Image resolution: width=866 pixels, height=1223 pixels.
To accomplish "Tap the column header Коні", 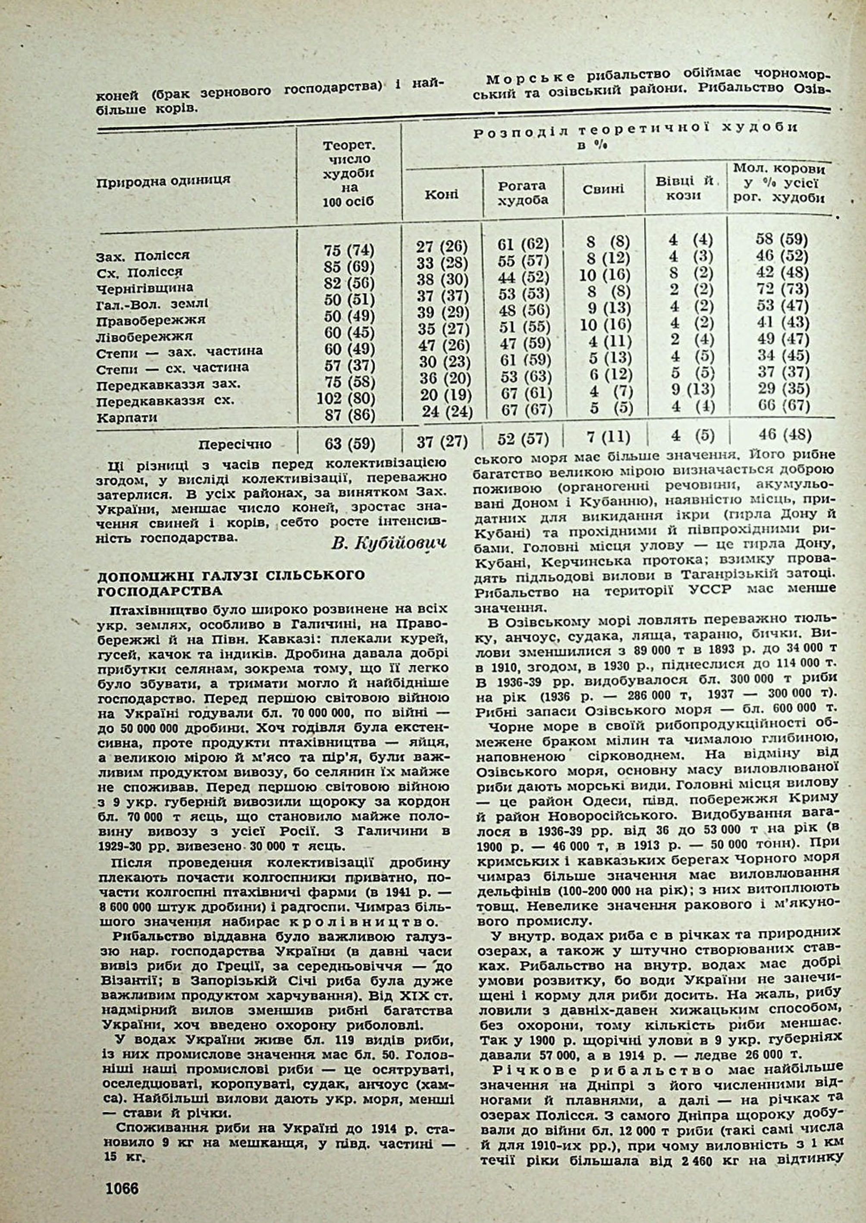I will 441,195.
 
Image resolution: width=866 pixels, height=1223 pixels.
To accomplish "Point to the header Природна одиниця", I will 163,180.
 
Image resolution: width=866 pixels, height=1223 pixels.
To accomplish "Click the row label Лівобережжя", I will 144,336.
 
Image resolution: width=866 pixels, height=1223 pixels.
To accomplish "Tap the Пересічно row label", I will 235,444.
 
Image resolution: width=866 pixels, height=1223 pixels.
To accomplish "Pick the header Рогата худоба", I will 523,192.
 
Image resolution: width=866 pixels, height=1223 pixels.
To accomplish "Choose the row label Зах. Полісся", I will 142,255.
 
